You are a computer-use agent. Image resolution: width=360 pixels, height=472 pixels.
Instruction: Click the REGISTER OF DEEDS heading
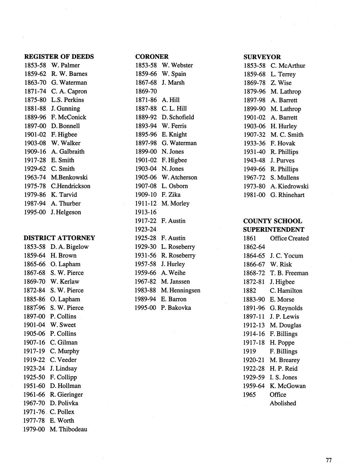(59, 56)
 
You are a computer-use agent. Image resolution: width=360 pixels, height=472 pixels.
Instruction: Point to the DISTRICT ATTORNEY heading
(59, 238)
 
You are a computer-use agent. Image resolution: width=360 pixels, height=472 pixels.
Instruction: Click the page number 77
(329, 460)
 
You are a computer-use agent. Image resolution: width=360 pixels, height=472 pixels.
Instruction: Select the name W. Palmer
(65, 65)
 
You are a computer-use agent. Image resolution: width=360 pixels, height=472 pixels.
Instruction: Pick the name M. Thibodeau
(68, 429)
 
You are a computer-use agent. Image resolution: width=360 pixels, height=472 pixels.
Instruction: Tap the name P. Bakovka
(176, 307)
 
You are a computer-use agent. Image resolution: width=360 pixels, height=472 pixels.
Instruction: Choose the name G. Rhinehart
(287, 195)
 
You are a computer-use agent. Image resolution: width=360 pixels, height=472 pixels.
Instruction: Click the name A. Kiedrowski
(289, 186)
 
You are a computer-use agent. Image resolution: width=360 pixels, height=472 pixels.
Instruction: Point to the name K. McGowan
(287, 386)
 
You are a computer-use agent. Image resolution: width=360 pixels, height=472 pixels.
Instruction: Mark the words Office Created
(289, 238)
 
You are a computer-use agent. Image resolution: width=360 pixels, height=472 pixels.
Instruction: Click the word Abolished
(283, 403)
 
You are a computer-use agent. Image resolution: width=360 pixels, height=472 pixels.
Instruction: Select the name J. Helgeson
(66, 212)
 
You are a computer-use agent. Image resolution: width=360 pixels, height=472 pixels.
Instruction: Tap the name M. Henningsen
(180, 290)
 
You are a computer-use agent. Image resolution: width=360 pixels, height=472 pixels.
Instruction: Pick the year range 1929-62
(35, 169)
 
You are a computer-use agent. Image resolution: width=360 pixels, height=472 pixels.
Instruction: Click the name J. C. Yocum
(286, 255)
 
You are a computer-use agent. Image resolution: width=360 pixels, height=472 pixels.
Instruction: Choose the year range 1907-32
(254, 135)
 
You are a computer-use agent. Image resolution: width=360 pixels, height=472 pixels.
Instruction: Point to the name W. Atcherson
(179, 177)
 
